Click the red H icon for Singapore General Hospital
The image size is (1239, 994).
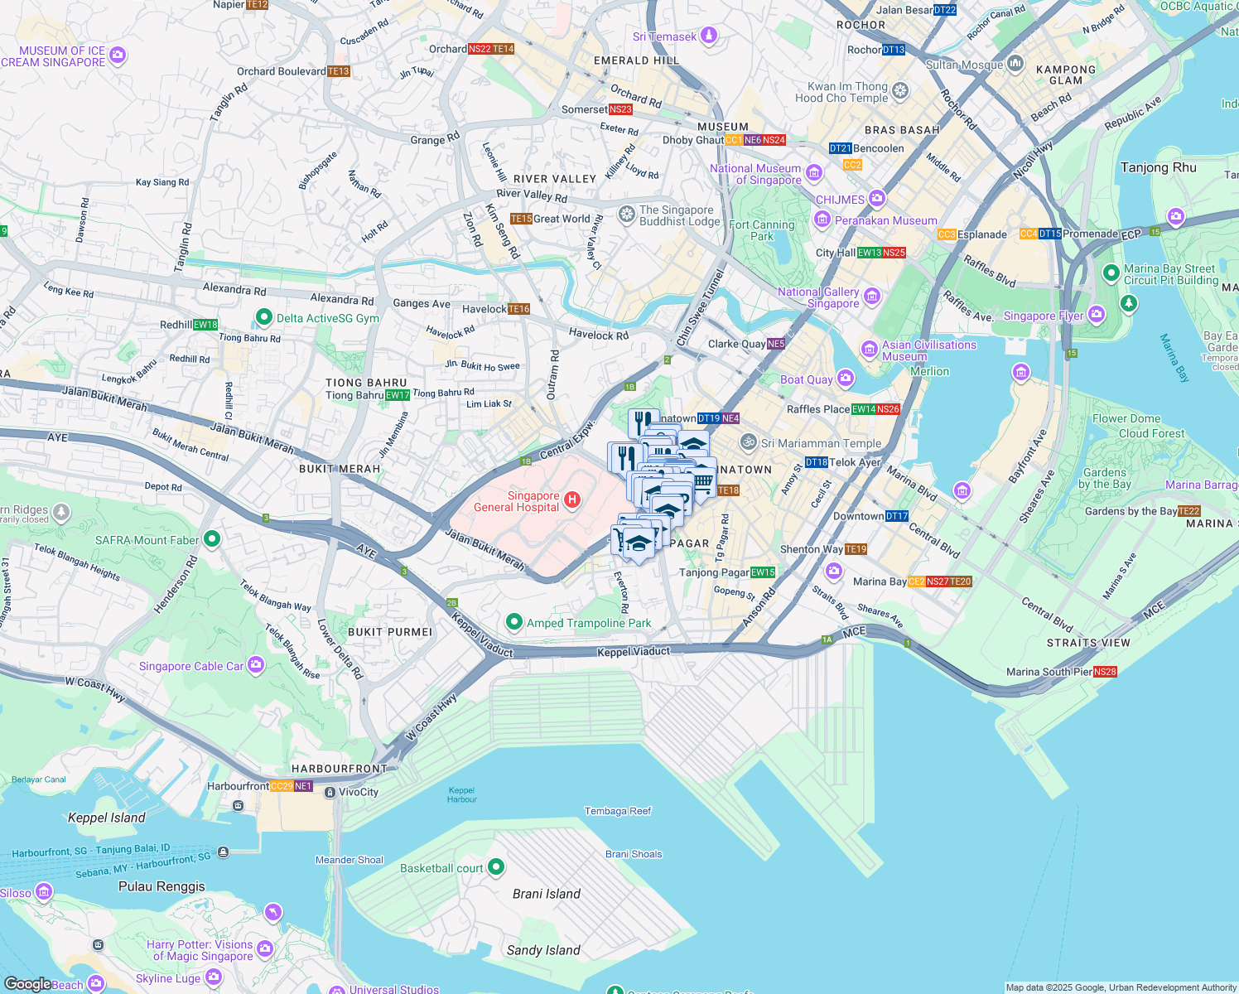tap(571, 499)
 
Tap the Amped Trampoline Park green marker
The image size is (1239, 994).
tap(514, 622)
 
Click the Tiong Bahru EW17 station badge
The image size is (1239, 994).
tap(398, 395)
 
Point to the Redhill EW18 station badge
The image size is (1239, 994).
tap(205, 325)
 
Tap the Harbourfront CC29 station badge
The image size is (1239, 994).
tap(282, 786)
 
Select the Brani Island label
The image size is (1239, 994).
tap(546, 894)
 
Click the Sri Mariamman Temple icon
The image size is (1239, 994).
tap(749, 442)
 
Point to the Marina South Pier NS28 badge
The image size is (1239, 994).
tap(1105, 672)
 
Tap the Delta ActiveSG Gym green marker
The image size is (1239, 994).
tap(264, 317)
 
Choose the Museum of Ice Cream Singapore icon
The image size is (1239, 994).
tap(118, 55)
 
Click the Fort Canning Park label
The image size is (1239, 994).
tap(761, 230)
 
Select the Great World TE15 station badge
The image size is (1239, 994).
tap(521, 219)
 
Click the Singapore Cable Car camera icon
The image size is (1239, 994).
tap(256, 664)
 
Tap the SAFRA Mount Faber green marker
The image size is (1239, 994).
tap(211, 539)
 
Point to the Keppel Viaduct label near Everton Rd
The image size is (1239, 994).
tap(634, 652)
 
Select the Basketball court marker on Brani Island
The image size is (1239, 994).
tap(496, 867)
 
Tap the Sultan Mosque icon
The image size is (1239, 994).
tap(1016, 65)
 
